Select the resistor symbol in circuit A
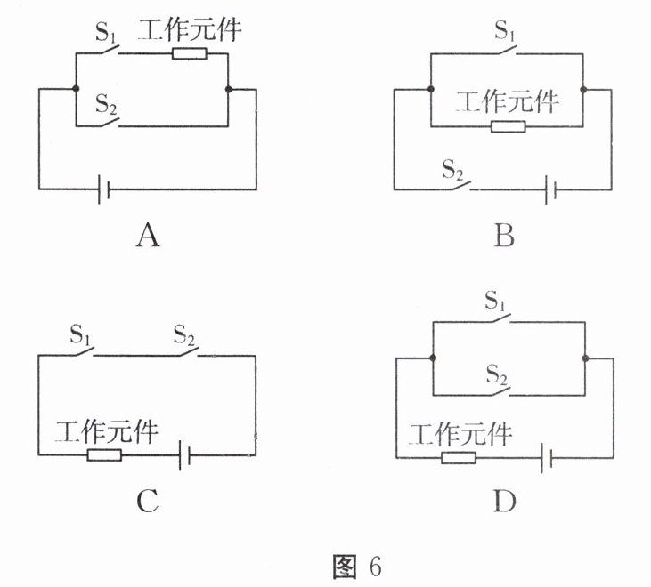point(190,54)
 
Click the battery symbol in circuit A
point(103,189)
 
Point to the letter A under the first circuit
point(147,236)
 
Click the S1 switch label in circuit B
point(505,34)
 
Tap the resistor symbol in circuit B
point(508,126)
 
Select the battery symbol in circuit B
point(553,189)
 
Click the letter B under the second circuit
point(504,236)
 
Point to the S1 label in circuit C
point(80,336)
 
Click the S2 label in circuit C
point(184,336)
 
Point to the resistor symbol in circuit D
point(459,457)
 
